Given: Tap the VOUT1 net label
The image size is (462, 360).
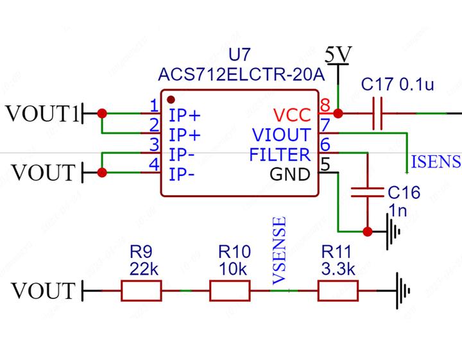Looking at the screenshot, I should point(42,114).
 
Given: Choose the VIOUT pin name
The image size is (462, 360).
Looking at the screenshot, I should point(281,135).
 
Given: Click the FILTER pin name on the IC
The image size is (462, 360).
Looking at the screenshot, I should point(280,155).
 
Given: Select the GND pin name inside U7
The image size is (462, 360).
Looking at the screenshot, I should point(290,174).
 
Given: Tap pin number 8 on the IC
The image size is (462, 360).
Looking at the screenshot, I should point(325,105).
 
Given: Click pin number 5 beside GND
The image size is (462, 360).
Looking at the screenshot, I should point(325,164).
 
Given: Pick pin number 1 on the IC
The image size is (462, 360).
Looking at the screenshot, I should point(154,105).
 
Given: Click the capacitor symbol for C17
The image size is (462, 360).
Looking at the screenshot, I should point(378,114).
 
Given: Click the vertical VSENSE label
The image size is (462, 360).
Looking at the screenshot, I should point(278,251).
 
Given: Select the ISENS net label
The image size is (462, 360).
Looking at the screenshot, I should point(435,160).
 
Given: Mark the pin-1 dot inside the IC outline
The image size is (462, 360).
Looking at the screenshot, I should point(171,99).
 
